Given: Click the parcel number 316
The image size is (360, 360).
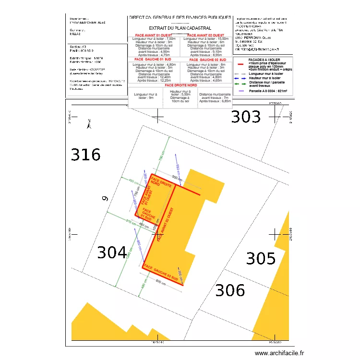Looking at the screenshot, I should click(86, 155).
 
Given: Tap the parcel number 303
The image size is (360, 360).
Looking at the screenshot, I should click(246, 117).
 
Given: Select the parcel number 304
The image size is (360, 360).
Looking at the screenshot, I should click(112, 252).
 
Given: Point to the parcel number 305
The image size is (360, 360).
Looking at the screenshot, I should click(261, 258).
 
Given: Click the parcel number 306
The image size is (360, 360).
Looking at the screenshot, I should click(230, 290).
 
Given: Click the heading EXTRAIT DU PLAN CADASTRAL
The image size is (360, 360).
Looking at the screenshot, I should click(180, 28).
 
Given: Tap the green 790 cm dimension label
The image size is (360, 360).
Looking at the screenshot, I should click(162, 156).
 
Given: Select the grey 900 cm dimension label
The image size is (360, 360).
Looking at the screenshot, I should click(177, 178).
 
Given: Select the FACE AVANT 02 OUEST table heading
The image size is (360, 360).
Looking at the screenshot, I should click(206, 35).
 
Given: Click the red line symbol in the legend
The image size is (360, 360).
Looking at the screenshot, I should click(240, 63).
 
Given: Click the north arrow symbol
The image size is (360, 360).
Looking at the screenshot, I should click(89, 124).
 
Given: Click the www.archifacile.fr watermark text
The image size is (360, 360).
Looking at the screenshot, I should click(280, 353).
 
